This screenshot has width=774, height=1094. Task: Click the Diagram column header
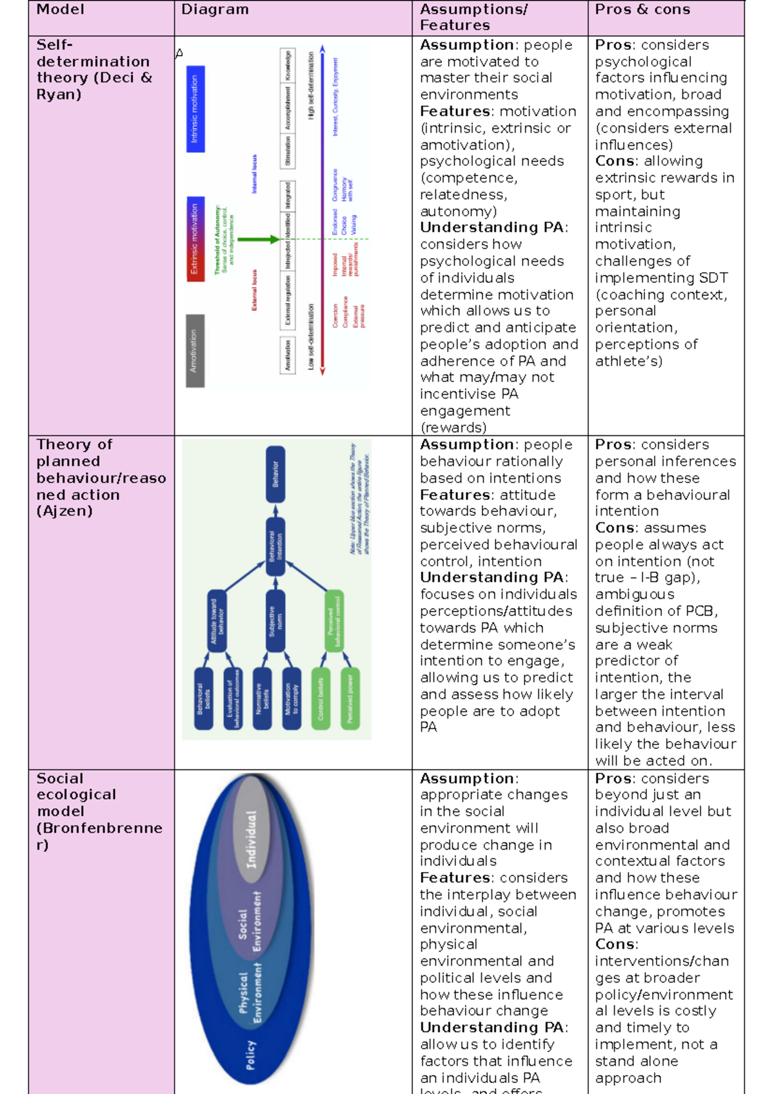pos(215,10)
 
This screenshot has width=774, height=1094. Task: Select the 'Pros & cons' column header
pos(642,10)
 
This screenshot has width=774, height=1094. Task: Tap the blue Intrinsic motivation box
pos(195,109)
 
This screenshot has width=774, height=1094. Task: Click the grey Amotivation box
pos(195,351)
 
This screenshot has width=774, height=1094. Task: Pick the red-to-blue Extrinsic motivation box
pos(195,239)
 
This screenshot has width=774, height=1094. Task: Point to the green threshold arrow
pos(258,239)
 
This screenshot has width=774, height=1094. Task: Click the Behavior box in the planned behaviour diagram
pos(275,474)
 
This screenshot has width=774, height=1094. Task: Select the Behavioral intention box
pos(275,546)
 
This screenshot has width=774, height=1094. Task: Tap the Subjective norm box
pos(275,621)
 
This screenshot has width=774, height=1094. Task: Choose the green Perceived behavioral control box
pos(334,621)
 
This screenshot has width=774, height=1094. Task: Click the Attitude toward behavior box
pos(217,621)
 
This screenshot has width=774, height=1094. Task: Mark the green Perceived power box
pos(350,699)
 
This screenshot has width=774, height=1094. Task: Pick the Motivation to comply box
pos(292,699)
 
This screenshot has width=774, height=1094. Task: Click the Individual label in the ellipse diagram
pos(251,839)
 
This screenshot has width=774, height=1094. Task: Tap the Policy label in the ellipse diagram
pos(250,1055)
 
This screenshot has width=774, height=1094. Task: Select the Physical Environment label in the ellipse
pos(250,993)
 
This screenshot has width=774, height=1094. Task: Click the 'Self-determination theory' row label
pos(94,70)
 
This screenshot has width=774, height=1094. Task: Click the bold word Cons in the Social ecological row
pos(615,944)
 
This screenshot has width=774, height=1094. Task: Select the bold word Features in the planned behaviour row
pos(455,495)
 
